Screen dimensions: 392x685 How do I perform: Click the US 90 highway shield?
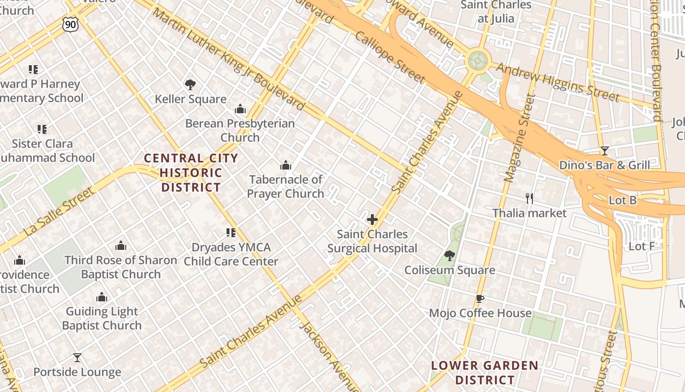click(x=70, y=24)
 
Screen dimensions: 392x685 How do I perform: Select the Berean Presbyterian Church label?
click(x=240, y=130)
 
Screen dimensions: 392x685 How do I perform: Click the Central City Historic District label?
click(x=191, y=172)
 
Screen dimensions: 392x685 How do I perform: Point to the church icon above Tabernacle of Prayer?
click(x=285, y=165)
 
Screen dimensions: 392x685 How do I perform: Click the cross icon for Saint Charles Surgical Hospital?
click(x=372, y=220)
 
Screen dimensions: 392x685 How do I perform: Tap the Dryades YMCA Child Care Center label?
click(x=231, y=254)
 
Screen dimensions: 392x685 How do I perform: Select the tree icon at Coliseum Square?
click(x=449, y=255)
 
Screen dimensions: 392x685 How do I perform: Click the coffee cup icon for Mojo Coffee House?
click(x=480, y=299)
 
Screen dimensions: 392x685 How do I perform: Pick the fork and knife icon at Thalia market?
click(x=529, y=198)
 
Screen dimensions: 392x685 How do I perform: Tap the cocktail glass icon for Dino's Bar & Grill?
click(x=605, y=151)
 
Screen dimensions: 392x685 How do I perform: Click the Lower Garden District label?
click(x=484, y=372)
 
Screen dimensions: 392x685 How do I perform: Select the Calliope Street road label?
click(x=390, y=57)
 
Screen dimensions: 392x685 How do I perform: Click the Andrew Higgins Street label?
click(x=557, y=80)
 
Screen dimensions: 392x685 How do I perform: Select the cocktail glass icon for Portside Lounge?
click(x=77, y=358)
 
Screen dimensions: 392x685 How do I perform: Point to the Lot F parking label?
click(x=641, y=246)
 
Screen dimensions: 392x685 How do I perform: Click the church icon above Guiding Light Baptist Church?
click(x=102, y=297)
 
